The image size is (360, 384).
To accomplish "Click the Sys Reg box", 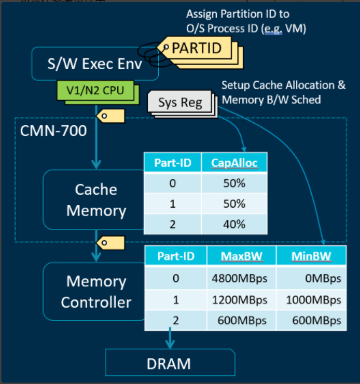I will [x=180, y=102].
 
